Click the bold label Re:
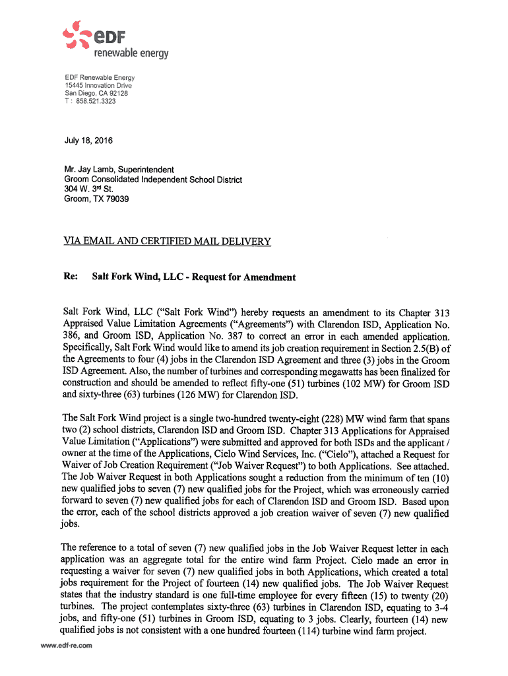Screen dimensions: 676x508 click(x=71, y=277)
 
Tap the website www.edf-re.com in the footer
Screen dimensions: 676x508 click(x=66, y=646)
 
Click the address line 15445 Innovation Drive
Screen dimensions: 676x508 click(x=98, y=86)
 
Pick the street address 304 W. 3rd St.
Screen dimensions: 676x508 click(x=89, y=189)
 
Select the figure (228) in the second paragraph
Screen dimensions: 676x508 click(x=330, y=418)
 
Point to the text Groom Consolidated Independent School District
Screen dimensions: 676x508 click(x=153, y=180)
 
